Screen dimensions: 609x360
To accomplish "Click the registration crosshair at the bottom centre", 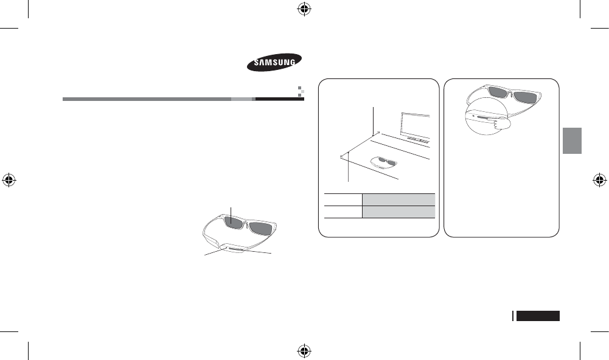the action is point(304,351).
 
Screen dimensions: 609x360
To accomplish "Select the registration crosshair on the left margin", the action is point(9,180).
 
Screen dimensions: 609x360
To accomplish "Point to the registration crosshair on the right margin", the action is point(600,180).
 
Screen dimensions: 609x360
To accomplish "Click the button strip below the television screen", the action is point(417,139).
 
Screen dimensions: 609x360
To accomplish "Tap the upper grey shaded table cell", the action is point(398,198).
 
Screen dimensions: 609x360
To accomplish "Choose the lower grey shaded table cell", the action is point(398,212).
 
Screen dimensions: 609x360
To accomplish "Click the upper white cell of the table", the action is point(343,198).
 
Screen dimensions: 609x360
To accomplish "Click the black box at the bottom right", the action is point(538,316).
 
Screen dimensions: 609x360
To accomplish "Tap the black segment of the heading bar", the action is point(279,98).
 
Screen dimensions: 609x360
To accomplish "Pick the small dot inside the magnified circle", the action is point(473,114).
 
